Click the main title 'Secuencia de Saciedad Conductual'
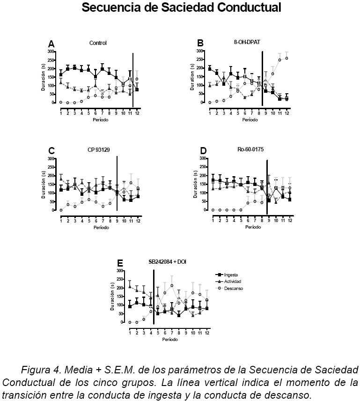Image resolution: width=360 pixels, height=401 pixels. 181,8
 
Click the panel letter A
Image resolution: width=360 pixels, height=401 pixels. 51,44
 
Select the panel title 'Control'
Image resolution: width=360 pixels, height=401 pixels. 98,43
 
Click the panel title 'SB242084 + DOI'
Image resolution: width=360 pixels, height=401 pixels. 166,262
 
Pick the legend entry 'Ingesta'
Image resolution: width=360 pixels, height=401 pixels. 232,275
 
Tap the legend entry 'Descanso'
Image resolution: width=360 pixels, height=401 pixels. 234,289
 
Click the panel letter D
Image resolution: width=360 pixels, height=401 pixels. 203,151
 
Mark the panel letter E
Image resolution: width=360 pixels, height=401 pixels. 120,263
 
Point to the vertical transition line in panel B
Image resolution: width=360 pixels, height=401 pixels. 262,77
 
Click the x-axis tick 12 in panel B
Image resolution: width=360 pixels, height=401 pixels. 287,113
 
